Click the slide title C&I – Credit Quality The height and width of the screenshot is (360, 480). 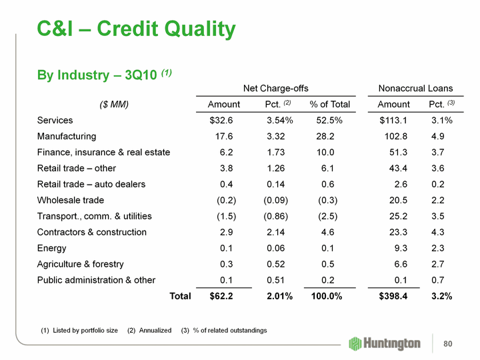coord(136,29)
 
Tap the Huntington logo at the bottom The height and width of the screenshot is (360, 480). coord(385,343)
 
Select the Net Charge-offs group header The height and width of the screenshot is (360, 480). coord(275,88)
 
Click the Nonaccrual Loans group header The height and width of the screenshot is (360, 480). coord(415,88)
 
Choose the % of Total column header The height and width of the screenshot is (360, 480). coord(329,104)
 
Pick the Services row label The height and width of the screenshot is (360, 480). coord(55,121)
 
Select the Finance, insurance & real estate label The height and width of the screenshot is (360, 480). coord(103,153)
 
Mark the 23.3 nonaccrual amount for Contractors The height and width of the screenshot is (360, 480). coord(399,232)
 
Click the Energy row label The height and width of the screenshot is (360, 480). coord(51,248)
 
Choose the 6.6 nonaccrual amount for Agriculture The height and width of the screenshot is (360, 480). coord(401,264)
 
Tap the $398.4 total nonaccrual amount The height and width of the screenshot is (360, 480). coord(394,296)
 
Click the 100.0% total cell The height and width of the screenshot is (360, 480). coord(327,296)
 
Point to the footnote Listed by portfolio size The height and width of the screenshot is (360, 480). coord(79,331)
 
